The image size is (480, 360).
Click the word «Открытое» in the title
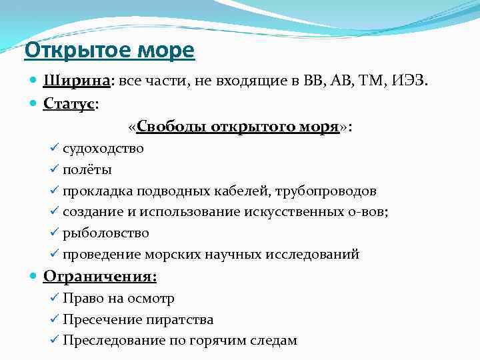[77, 50]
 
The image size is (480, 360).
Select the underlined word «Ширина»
[77, 82]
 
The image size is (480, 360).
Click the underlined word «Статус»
[69, 104]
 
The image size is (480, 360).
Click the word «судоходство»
[103, 149]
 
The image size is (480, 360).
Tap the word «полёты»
[87, 170]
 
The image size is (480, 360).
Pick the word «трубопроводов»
[330, 191]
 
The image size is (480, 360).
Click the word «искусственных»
[296, 212]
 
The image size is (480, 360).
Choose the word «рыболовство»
[106, 233]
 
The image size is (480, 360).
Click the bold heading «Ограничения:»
[100, 276]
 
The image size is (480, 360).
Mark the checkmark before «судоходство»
[55, 148]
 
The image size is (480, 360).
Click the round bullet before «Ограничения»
[35, 277]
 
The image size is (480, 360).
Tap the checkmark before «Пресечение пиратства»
[55, 319]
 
